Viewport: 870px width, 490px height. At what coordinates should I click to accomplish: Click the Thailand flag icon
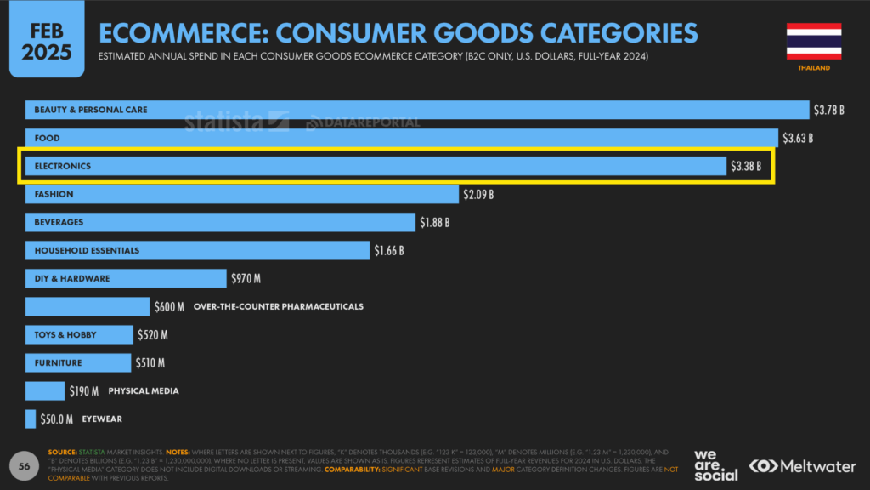click(x=813, y=41)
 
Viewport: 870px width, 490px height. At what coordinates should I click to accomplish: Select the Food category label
click(x=47, y=138)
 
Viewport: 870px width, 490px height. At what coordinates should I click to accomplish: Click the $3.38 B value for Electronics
click(x=746, y=166)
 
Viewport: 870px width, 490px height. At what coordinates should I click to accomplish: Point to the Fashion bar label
click(x=54, y=194)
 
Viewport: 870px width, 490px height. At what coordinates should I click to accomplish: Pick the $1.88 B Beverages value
click(x=434, y=223)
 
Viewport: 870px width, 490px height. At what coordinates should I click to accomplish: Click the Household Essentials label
click(x=87, y=251)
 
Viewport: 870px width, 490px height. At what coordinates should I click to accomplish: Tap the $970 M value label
click(x=246, y=278)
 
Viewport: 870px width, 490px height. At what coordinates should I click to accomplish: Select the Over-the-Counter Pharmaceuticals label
click(x=279, y=306)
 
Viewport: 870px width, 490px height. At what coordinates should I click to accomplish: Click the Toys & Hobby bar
click(x=79, y=334)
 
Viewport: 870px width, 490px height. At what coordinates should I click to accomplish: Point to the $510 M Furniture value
click(x=151, y=363)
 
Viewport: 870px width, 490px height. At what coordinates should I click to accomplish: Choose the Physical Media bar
click(x=45, y=391)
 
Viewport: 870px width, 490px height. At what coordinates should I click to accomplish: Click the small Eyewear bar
click(x=31, y=419)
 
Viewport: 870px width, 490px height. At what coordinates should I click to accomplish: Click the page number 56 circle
click(x=25, y=465)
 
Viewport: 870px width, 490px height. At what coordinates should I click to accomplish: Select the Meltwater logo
click(x=803, y=466)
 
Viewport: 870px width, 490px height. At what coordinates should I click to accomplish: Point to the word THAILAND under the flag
click(x=813, y=68)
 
